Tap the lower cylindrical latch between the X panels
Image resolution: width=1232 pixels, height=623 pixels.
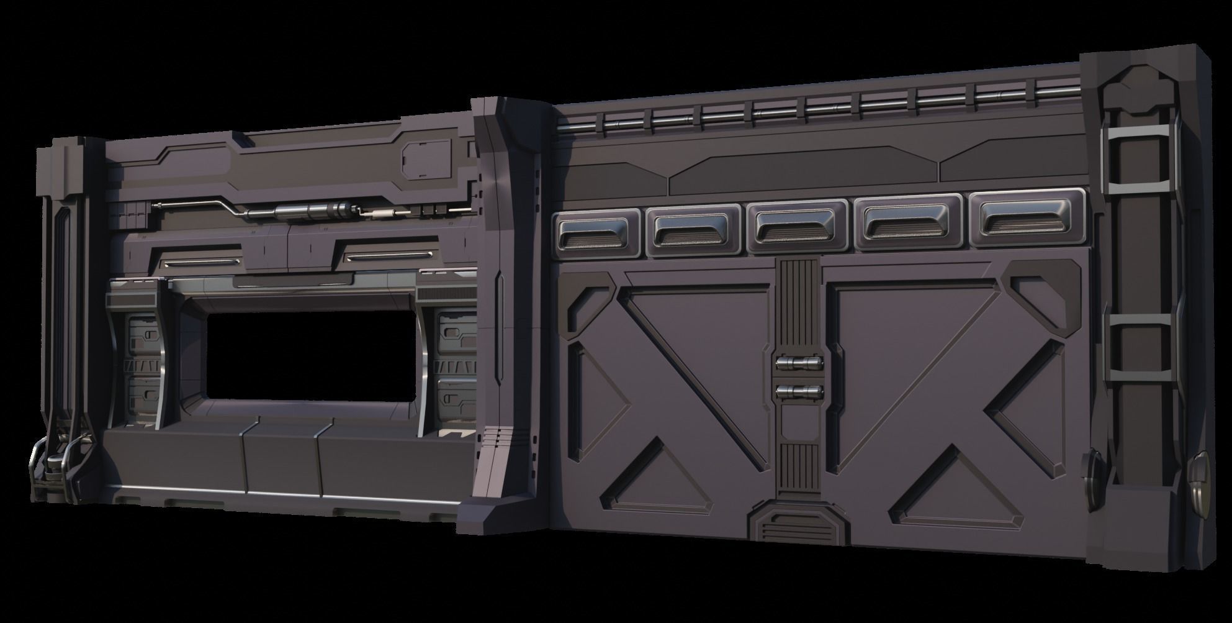[799, 391]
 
